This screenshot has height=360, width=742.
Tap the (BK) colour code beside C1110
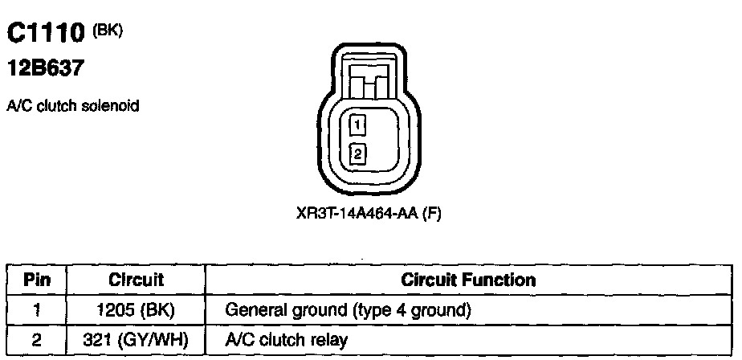(106, 29)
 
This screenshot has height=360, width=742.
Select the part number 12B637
(46, 70)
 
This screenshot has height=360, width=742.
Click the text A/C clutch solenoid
(73, 106)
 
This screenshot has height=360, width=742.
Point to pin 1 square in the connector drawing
(358, 125)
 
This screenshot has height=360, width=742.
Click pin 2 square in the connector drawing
(358, 151)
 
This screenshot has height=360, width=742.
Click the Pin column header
(37, 280)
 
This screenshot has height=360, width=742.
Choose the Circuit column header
(136, 280)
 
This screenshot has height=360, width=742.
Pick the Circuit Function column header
(468, 280)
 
